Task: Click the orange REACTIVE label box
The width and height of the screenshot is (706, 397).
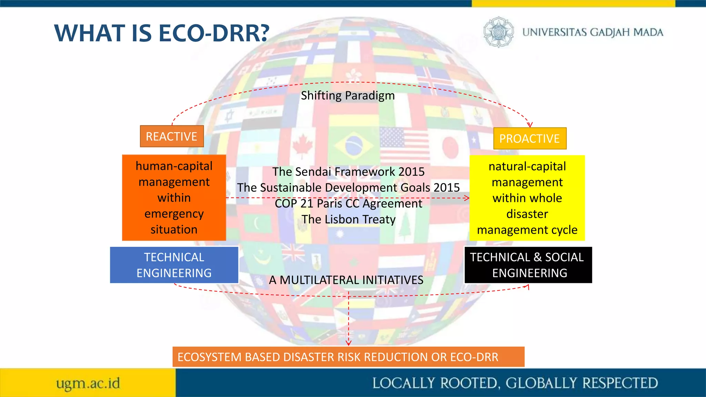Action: pyautogui.click(x=172, y=136)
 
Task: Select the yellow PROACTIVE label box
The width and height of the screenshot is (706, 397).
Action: pyautogui.click(x=529, y=139)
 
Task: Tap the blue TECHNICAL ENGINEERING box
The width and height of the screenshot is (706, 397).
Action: pyautogui.click(x=174, y=265)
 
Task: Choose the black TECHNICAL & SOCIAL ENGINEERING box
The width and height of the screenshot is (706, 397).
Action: pyautogui.click(x=528, y=265)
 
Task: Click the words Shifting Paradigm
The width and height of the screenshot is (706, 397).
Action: pyautogui.click(x=347, y=95)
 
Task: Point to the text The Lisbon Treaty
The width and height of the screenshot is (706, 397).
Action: pyautogui.click(x=349, y=220)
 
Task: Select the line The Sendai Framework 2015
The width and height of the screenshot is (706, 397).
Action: pyautogui.click(x=348, y=172)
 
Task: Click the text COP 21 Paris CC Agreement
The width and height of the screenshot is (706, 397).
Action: pyautogui.click(x=348, y=204)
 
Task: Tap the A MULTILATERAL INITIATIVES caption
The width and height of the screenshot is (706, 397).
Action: pyautogui.click(x=346, y=280)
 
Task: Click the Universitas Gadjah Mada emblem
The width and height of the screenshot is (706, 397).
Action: pyautogui.click(x=498, y=32)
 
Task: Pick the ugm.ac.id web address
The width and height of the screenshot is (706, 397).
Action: pyautogui.click(x=88, y=383)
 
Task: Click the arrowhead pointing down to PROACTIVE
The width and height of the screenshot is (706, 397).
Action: pyautogui.click(x=530, y=125)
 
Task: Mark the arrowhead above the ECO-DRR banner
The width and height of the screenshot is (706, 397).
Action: pyautogui.click(x=349, y=343)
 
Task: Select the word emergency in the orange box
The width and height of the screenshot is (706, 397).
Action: pyautogui.click(x=174, y=214)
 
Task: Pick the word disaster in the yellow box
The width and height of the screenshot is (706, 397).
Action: pyautogui.click(x=527, y=214)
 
